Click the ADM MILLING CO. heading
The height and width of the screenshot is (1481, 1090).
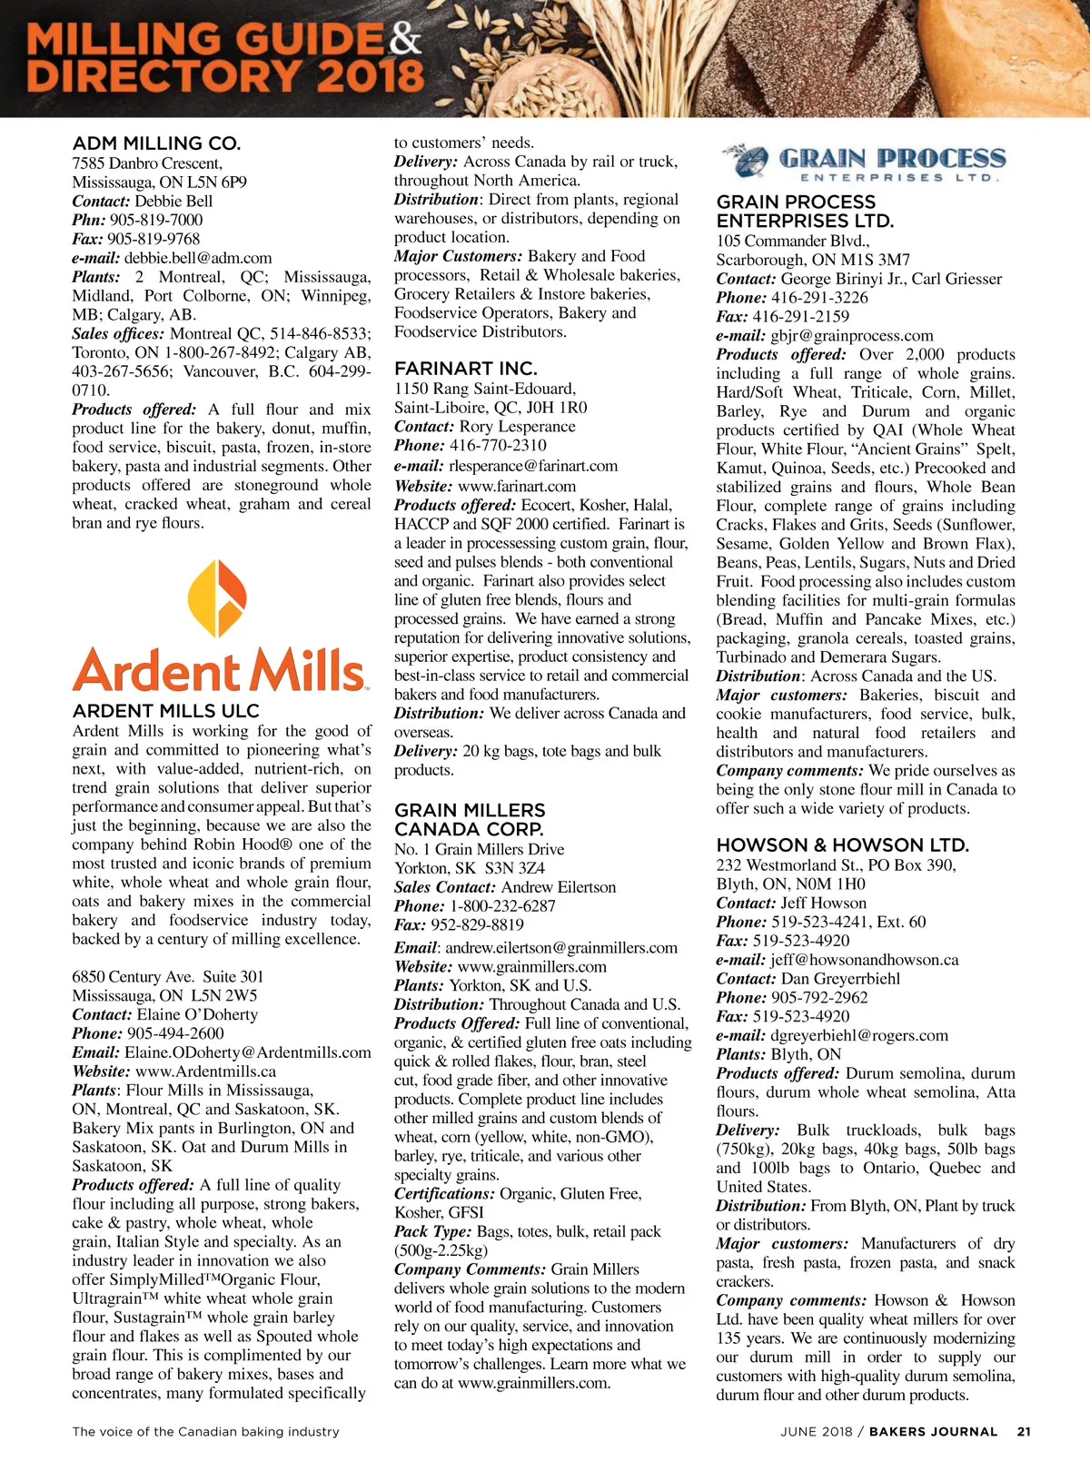[156, 143]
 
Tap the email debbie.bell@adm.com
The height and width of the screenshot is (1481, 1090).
[198, 258]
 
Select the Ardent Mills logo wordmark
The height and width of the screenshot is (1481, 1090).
[219, 671]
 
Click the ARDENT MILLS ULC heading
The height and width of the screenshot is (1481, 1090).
[165, 711]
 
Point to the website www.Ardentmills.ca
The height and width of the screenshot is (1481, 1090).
[205, 1071]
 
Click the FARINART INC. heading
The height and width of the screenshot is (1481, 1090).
[465, 369]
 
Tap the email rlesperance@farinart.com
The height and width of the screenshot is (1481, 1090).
[532, 466]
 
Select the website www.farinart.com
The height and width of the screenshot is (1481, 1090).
[517, 486]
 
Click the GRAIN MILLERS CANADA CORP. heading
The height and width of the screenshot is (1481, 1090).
[470, 819]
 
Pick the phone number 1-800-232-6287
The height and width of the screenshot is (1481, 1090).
[502, 906]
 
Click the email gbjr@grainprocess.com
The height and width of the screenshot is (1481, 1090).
[851, 335]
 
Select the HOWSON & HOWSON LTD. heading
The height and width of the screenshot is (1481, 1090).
[842, 844]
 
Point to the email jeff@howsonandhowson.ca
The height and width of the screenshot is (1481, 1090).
[864, 960]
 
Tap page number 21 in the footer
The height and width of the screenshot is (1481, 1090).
[1024, 1432]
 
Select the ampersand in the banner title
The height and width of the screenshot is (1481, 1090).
[405, 39]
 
